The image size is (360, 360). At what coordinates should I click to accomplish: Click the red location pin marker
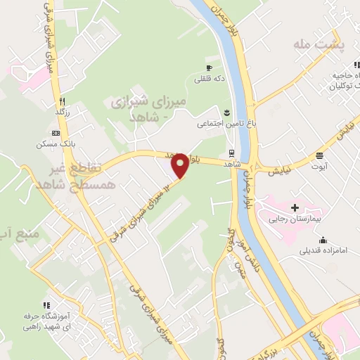click(181, 165)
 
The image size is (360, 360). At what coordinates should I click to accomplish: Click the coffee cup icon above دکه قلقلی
click(209, 67)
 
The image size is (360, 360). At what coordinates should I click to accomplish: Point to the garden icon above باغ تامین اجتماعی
click(226, 112)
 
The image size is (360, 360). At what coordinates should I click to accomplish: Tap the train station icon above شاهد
click(231, 152)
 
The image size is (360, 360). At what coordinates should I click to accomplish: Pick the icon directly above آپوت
click(320, 156)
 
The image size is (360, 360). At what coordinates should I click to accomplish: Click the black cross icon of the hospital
click(295, 207)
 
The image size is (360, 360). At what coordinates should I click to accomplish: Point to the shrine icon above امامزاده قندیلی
click(330, 239)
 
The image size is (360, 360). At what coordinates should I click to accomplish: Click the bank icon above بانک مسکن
click(56, 133)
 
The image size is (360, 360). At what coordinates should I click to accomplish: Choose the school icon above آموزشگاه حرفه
click(46, 306)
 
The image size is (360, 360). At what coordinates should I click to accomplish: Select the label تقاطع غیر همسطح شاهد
click(68, 176)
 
